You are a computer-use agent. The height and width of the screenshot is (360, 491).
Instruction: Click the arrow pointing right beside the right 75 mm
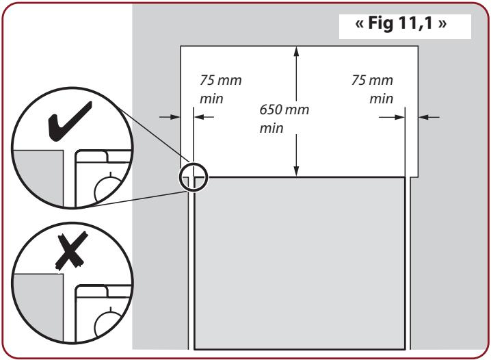pos(392,117)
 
